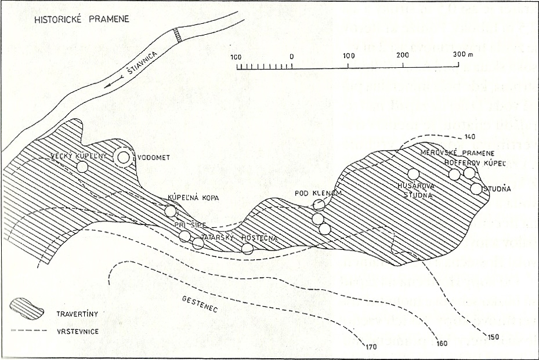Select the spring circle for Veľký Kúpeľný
[x=82, y=167]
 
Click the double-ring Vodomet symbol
[x=123, y=157]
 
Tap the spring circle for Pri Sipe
[x=185, y=236]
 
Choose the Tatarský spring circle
[x=198, y=243]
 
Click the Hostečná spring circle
[x=248, y=249]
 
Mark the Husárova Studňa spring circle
[x=413, y=173]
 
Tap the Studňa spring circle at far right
[x=476, y=188]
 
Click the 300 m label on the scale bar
[x=462, y=54]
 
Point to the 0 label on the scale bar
[x=291, y=56]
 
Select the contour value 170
[x=371, y=348]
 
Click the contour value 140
[x=471, y=137]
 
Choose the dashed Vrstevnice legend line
[x=27, y=330]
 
